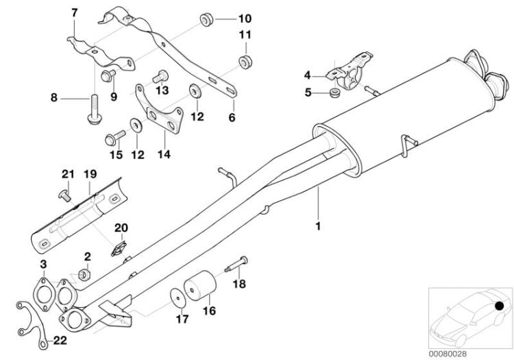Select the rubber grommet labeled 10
pyautogui.click(x=204, y=19)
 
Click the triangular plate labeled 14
pyautogui.click(x=162, y=115)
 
